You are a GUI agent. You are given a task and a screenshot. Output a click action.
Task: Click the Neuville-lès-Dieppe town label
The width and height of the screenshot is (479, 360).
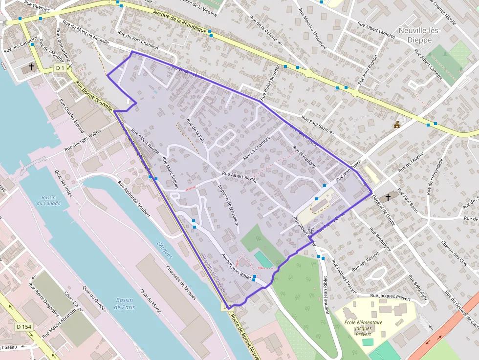click(419, 35)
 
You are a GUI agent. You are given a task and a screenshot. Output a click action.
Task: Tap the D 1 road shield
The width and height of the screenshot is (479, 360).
click(60, 68)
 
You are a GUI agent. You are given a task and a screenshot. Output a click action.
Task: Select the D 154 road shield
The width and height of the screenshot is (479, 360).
click(23, 326)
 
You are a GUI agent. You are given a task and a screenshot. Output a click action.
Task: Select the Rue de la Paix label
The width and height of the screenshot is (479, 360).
click(196, 130)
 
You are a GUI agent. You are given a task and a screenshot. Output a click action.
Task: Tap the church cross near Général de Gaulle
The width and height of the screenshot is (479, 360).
click(388, 197)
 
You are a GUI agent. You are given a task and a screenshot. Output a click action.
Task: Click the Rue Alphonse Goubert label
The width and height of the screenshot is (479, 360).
click(133, 196)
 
